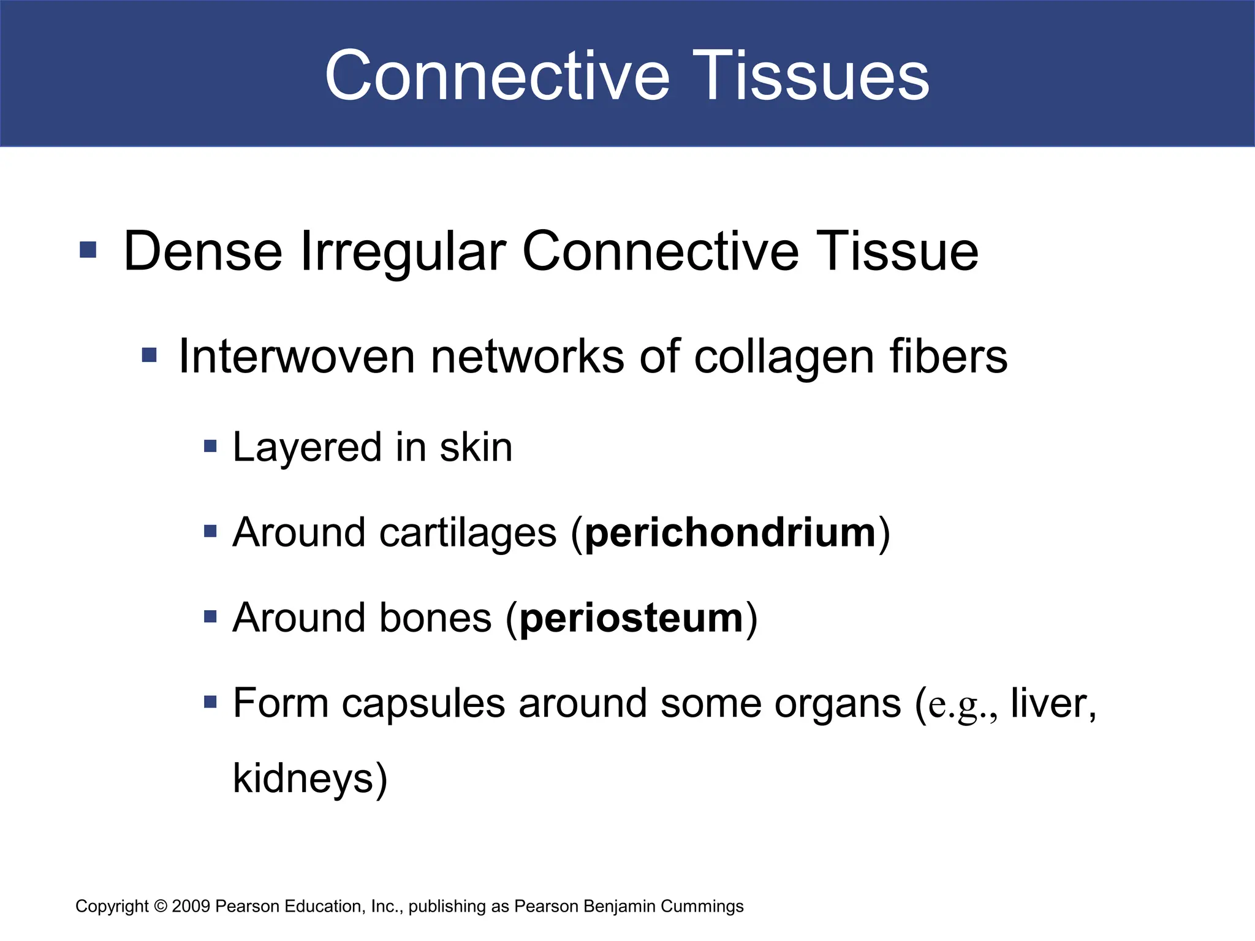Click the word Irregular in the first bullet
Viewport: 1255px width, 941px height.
tap(403, 251)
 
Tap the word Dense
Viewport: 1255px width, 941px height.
tap(203, 251)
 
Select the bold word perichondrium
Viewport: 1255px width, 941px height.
tap(730, 532)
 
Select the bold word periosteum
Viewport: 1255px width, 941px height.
tap(632, 618)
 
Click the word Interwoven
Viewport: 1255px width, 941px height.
tap(296, 357)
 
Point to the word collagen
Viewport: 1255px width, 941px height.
tap(784, 358)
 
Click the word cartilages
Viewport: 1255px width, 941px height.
tap(468, 532)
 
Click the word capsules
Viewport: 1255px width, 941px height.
tap(423, 703)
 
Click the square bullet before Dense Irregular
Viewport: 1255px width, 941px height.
tap(88, 250)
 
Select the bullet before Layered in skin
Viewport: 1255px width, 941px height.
tap(210, 446)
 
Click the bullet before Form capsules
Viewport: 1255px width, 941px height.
tap(210, 701)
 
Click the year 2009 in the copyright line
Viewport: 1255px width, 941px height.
tap(191, 906)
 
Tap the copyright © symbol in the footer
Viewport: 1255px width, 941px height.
tap(161, 906)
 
